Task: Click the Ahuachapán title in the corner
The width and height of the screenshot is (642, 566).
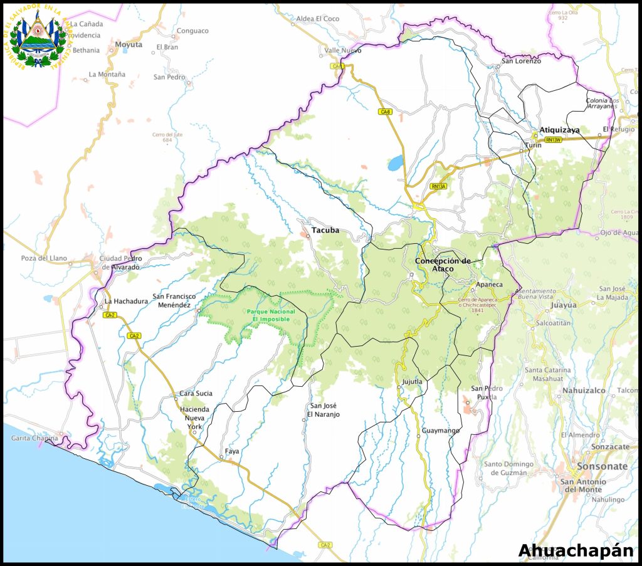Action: pyautogui.click(x=576, y=550)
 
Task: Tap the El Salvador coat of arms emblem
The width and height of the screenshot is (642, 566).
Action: pyautogui.click(x=39, y=39)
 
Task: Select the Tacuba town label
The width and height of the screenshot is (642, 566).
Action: pyautogui.click(x=325, y=230)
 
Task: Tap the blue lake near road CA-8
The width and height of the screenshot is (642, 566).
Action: pyautogui.click(x=396, y=164)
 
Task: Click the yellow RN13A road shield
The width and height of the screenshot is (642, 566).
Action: pyautogui.click(x=438, y=186)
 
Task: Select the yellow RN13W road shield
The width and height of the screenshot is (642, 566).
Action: pyautogui.click(x=553, y=140)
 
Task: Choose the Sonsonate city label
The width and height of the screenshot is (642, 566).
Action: pyautogui.click(x=602, y=466)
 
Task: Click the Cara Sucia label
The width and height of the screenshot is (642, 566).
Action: pyautogui.click(x=196, y=394)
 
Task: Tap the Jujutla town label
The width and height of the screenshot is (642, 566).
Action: pyautogui.click(x=412, y=381)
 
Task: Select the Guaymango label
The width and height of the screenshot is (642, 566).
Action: pyautogui.click(x=440, y=431)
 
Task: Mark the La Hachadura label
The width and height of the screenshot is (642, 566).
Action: pyautogui.click(x=126, y=301)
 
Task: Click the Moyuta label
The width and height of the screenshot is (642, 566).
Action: pyautogui.click(x=129, y=45)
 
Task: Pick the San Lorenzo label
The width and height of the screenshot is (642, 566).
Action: pyautogui.click(x=520, y=61)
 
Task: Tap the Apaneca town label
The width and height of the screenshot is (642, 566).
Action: pyautogui.click(x=489, y=285)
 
